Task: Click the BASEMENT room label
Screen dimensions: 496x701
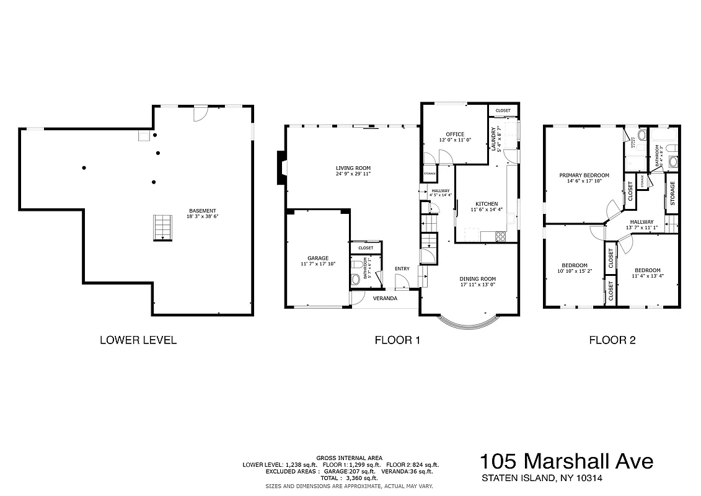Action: [x=203, y=211]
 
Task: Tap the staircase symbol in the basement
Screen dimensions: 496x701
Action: [x=162, y=227]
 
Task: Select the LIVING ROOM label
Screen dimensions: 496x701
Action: [x=353, y=168]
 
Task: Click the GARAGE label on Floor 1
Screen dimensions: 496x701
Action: [x=318, y=258]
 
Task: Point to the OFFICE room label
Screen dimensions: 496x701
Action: [x=455, y=135]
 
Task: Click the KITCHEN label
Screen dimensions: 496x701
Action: [x=486, y=204]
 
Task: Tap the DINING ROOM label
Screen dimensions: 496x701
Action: [x=477, y=279]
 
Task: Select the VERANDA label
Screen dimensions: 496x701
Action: [x=385, y=298]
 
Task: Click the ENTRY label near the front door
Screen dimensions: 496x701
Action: [x=402, y=268]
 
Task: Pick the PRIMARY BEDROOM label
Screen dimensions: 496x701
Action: [x=584, y=175]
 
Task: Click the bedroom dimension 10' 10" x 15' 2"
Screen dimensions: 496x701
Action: [x=574, y=271]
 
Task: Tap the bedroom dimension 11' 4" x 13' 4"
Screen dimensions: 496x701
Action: [x=647, y=277]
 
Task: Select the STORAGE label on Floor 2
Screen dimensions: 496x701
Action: [x=672, y=193]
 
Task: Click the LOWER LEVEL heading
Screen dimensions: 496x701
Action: [x=138, y=340]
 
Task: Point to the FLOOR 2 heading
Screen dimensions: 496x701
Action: [x=612, y=340]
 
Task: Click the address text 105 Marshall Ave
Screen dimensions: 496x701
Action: [x=566, y=462]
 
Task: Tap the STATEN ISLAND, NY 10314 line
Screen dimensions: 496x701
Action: [x=542, y=478]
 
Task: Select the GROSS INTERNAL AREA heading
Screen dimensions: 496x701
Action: [x=349, y=458]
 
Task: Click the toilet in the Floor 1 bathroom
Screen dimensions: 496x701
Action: [x=355, y=278]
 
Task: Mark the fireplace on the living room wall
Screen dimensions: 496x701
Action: [x=281, y=168]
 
